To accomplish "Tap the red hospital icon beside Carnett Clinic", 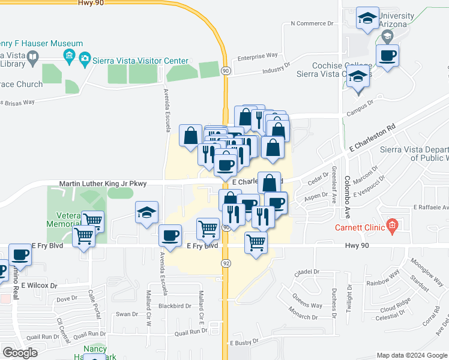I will (x=393, y=226).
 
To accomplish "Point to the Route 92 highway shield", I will (x=226, y=263).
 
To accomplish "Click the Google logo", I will (x=20, y=353).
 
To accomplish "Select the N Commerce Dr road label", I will (x=312, y=24).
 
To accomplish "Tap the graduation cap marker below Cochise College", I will (x=358, y=79).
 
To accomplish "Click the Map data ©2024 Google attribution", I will (x=411, y=355).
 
